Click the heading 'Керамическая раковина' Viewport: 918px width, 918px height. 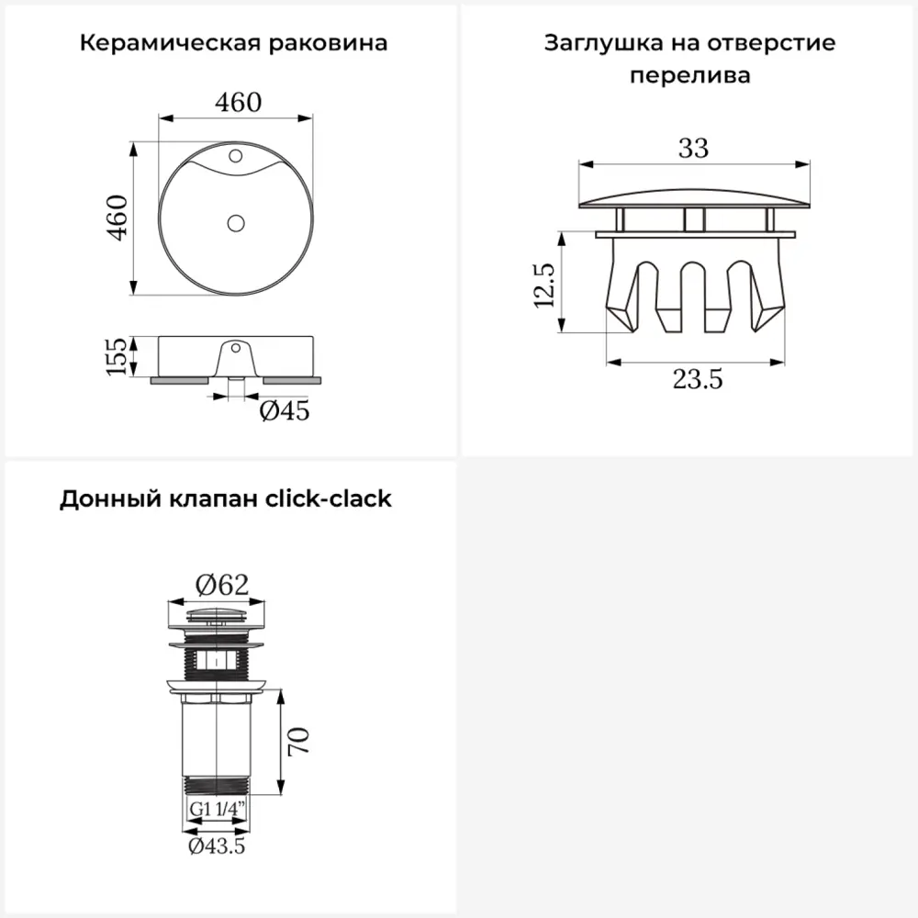pyautogui.click(x=233, y=43)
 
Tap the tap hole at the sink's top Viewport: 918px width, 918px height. pyautogui.click(x=235, y=156)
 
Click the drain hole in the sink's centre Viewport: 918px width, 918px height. pyautogui.click(x=236, y=223)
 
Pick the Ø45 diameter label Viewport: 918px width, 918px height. pyautogui.click(x=285, y=410)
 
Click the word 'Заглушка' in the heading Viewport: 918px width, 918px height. pyautogui.click(x=604, y=43)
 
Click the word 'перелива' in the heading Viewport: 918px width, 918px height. pyautogui.click(x=689, y=76)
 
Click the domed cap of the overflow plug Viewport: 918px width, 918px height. pyautogui.click(x=694, y=198)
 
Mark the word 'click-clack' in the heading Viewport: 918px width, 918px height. pyautogui.click(x=329, y=498)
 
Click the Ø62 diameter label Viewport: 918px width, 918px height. pyautogui.click(x=222, y=585)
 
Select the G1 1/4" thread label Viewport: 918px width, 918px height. pyautogui.click(x=218, y=809)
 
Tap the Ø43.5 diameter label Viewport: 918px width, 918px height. pyautogui.click(x=217, y=846)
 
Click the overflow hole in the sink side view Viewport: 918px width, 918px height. pyautogui.click(x=236, y=348)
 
